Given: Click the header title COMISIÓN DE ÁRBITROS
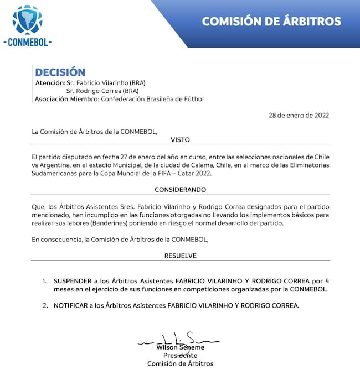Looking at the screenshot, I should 271,22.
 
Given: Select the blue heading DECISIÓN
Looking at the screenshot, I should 60,72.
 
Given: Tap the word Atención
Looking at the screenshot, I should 49,82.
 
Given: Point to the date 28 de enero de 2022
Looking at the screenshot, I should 298,116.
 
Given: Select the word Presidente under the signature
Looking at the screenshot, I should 180,355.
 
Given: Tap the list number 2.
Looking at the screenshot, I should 45,306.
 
